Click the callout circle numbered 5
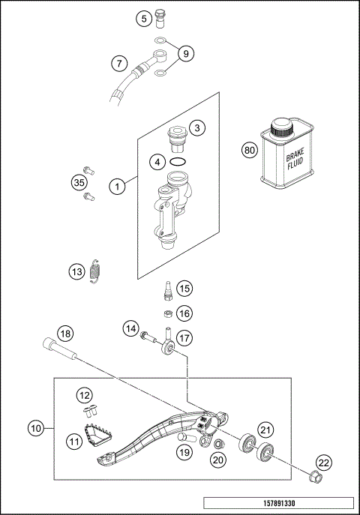142,19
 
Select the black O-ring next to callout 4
178,161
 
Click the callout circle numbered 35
79,181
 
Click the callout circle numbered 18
66,333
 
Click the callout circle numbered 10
35,430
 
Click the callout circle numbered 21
265,429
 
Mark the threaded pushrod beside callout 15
167,289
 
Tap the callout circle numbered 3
196,128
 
